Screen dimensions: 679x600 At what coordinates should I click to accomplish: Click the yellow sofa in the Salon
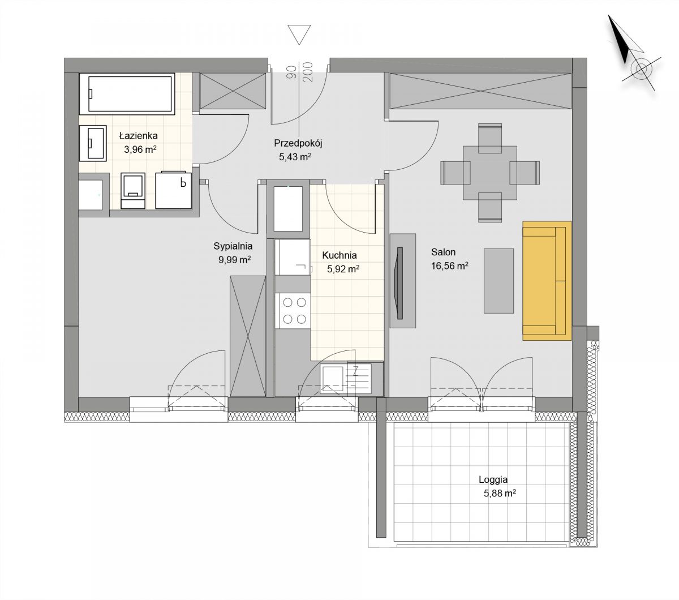pos(547,281)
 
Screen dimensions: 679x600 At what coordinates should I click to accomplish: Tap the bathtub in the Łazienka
pos(127,93)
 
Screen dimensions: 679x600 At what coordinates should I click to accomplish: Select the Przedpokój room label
pos(298,143)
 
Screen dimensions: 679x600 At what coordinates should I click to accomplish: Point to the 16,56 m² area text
pos(449,266)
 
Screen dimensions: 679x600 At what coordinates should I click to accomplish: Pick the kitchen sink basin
pos(332,379)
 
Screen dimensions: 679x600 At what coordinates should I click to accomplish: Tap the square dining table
pos(490,173)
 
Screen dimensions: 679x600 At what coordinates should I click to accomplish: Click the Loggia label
pos(493,479)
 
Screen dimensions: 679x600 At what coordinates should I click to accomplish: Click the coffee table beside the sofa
pos(498,281)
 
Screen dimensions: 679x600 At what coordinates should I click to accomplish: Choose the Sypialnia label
pos(233,246)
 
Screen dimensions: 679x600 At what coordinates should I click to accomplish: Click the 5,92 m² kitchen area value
pos(343,269)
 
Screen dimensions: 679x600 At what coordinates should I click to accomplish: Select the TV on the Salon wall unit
pos(399,283)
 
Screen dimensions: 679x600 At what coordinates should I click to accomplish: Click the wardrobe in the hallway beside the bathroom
pos(233,91)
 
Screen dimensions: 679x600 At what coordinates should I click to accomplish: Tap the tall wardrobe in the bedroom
pos(248,336)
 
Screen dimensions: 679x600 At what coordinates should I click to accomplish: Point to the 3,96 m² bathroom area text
pos(140,149)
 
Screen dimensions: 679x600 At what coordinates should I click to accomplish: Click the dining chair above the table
pos(490,138)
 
